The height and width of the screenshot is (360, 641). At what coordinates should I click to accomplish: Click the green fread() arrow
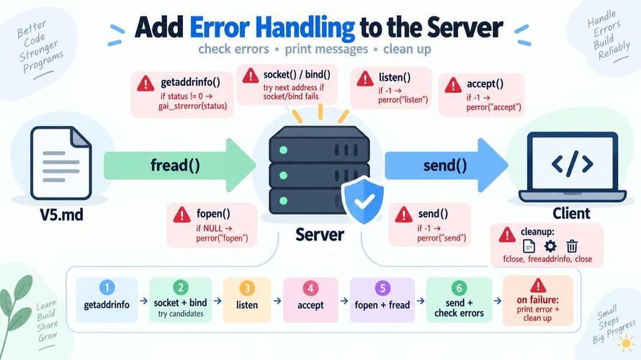pos(180,165)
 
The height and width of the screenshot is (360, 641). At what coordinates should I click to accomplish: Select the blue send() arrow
pos(446,165)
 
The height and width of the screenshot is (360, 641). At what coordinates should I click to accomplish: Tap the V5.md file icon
pos(61,163)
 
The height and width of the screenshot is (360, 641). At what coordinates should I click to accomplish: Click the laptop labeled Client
pos(572,167)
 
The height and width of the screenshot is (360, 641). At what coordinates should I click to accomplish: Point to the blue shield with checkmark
pos(362,200)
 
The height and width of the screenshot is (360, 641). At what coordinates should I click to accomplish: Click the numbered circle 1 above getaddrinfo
pos(107,288)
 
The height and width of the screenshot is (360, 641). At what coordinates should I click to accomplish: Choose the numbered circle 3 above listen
pos(247,288)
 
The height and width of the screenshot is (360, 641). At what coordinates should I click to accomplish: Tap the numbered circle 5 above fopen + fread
pos(382,288)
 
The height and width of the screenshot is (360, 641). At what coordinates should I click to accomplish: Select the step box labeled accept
pos(310,300)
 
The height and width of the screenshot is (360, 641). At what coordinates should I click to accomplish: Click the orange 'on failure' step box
pos(538,300)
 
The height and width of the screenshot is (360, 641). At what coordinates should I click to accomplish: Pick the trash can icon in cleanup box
pos(572,246)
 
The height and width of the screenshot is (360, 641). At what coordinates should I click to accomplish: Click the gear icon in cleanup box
pos(550,246)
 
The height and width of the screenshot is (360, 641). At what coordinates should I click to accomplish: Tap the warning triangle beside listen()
pos(365,78)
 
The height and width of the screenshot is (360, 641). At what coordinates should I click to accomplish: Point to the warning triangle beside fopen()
pos(182,215)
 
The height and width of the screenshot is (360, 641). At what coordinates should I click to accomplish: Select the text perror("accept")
pos(494,107)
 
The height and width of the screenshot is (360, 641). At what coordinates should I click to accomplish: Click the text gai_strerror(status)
pos(192,106)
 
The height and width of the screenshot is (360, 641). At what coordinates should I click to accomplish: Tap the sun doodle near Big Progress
pos(626,343)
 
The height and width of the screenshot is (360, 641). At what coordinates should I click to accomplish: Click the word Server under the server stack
pos(320,235)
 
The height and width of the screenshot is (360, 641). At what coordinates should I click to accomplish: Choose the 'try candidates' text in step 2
pos(181,314)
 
